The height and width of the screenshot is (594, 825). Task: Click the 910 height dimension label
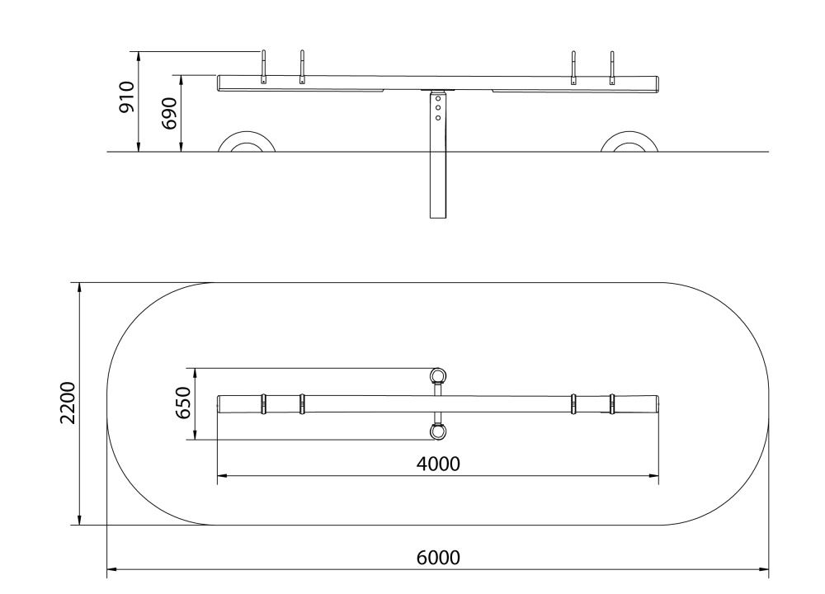127,97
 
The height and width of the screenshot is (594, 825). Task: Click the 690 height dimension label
169,113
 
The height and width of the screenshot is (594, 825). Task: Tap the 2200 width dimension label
68,403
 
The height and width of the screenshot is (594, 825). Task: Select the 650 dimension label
182,403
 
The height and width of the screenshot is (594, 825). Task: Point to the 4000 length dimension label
438,464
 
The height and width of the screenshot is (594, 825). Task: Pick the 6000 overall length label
438,557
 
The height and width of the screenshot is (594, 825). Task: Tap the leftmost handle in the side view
264,67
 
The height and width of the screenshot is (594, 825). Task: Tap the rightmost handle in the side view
612,68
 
